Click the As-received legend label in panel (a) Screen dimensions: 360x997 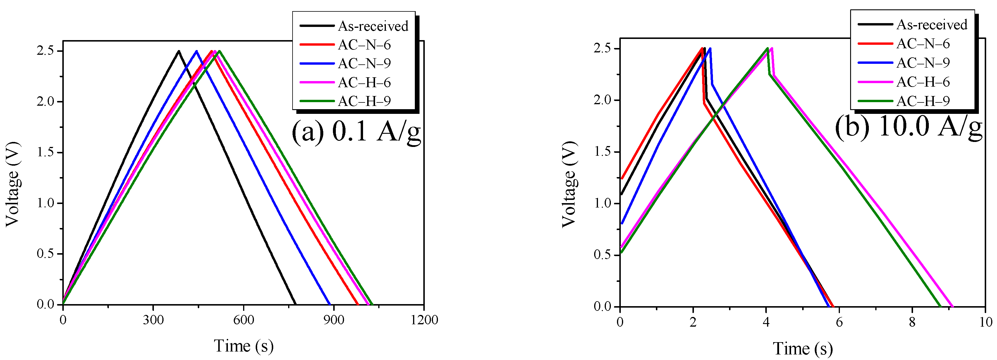point(373,26)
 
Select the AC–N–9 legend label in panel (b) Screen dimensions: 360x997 point(923,63)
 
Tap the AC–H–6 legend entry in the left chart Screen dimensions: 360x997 point(364,83)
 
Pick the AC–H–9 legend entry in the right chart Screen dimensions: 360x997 point(923,101)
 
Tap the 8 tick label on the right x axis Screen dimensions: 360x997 point(912,322)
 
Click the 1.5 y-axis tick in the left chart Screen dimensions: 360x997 point(45,152)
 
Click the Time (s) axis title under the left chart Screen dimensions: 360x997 point(243,346)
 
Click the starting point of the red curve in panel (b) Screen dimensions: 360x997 point(622,179)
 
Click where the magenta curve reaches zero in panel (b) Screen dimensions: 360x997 point(953,306)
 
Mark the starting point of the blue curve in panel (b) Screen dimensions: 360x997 point(622,223)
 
